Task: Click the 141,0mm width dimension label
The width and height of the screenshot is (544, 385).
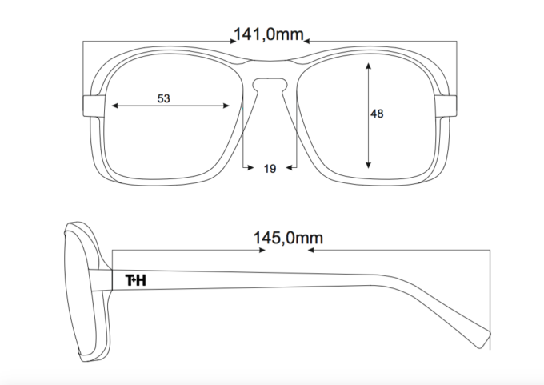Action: pyautogui.click(x=269, y=34)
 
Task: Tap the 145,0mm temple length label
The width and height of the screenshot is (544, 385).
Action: pyautogui.click(x=288, y=239)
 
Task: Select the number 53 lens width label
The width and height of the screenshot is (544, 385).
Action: pyautogui.click(x=164, y=98)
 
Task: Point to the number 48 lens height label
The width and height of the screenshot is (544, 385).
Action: pyautogui.click(x=377, y=114)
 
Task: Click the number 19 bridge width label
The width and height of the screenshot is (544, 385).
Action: pyautogui.click(x=270, y=169)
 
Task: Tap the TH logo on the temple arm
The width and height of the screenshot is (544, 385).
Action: pyautogui.click(x=136, y=280)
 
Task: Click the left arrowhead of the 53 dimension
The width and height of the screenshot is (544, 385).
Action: pyautogui.click(x=115, y=106)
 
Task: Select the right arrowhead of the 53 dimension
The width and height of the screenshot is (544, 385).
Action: pyautogui.click(x=226, y=106)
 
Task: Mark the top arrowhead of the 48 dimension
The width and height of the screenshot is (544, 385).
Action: pyautogui.click(x=369, y=66)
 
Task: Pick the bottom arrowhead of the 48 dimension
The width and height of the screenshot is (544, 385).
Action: pyautogui.click(x=369, y=165)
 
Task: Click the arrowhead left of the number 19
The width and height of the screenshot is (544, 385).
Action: pyautogui.click(x=250, y=167)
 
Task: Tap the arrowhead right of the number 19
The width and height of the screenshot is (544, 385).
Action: pyautogui.click(x=290, y=167)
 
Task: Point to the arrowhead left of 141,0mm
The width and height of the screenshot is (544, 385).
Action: pyautogui.click(x=234, y=42)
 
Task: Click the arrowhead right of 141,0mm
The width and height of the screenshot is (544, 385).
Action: pyautogui.click(x=306, y=42)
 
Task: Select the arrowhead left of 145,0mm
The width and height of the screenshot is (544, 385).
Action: pyautogui.click(x=262, y=250)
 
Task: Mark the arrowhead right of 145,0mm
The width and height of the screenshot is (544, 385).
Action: pyautogui.click(x=311, y=250)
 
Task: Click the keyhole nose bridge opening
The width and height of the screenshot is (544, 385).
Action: pyautogui.click(x=270, y=84)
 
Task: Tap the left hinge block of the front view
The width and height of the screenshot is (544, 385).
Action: pyautogui.click(x=94, y=106)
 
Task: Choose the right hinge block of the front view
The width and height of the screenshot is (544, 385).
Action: pyautogui.click(x=446, y=106)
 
